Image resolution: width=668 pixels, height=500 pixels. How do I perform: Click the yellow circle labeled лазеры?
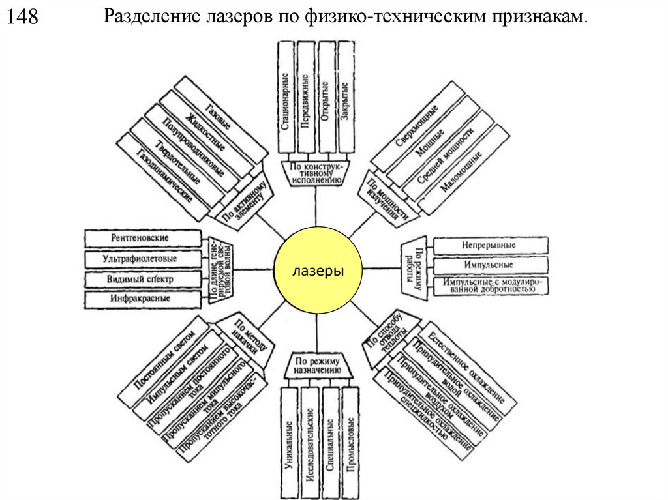[x=318, y=269]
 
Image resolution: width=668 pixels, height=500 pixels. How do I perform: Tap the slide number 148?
[x=23, y=18]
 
